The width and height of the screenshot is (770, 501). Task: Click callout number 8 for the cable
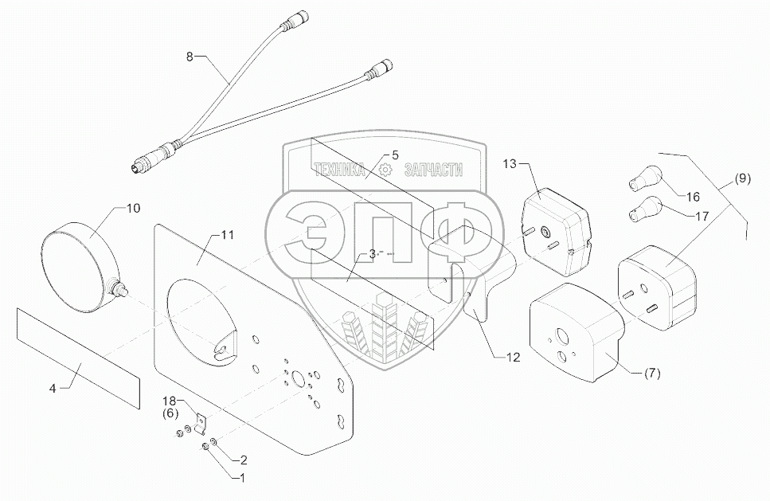(x=189, y=57)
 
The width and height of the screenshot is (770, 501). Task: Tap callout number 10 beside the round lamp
(x=132, y=209)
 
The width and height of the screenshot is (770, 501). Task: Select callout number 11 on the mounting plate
(x=227, y=235)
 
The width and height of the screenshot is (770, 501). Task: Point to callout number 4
(x=53, y=389)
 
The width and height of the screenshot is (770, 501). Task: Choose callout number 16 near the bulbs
(x=692, y=196)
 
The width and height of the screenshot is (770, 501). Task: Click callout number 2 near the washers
(x=241, y=459)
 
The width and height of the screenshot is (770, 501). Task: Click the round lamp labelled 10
(x=78, y=256)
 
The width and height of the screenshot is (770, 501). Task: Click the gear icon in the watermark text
(x=385, y=170)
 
